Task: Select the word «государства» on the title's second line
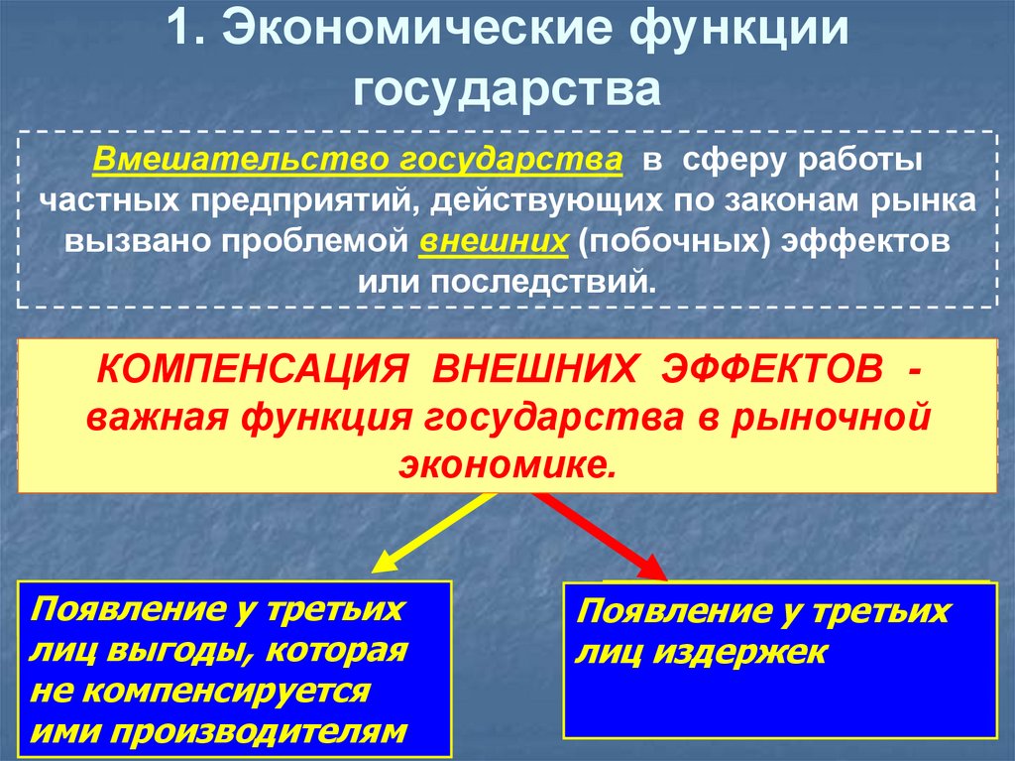tap(507, 88)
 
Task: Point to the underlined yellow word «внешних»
tap(494, 242)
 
